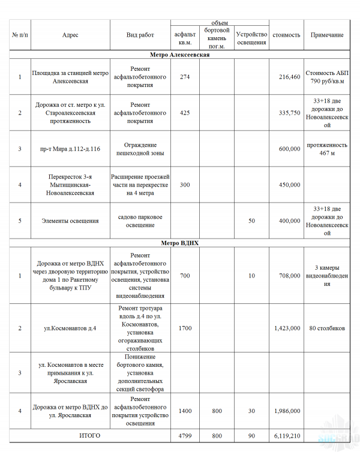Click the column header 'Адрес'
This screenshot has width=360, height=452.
point(70,35)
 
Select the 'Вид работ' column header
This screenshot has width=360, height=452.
point(140,35)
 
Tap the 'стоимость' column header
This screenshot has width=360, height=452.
point(286,35)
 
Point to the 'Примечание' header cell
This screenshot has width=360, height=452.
point(327,35)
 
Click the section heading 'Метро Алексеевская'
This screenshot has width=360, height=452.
point(179,55)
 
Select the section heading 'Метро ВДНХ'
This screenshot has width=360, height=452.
point(179,244)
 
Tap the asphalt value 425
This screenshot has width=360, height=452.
point(185,113)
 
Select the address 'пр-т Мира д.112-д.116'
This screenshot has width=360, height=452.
point(70,149)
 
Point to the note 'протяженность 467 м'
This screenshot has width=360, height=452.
point(327,149)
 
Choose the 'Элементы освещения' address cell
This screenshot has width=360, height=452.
point(70,221)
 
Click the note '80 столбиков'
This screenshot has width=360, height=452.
point(327,328)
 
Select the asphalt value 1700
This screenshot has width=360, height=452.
point(185,328)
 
